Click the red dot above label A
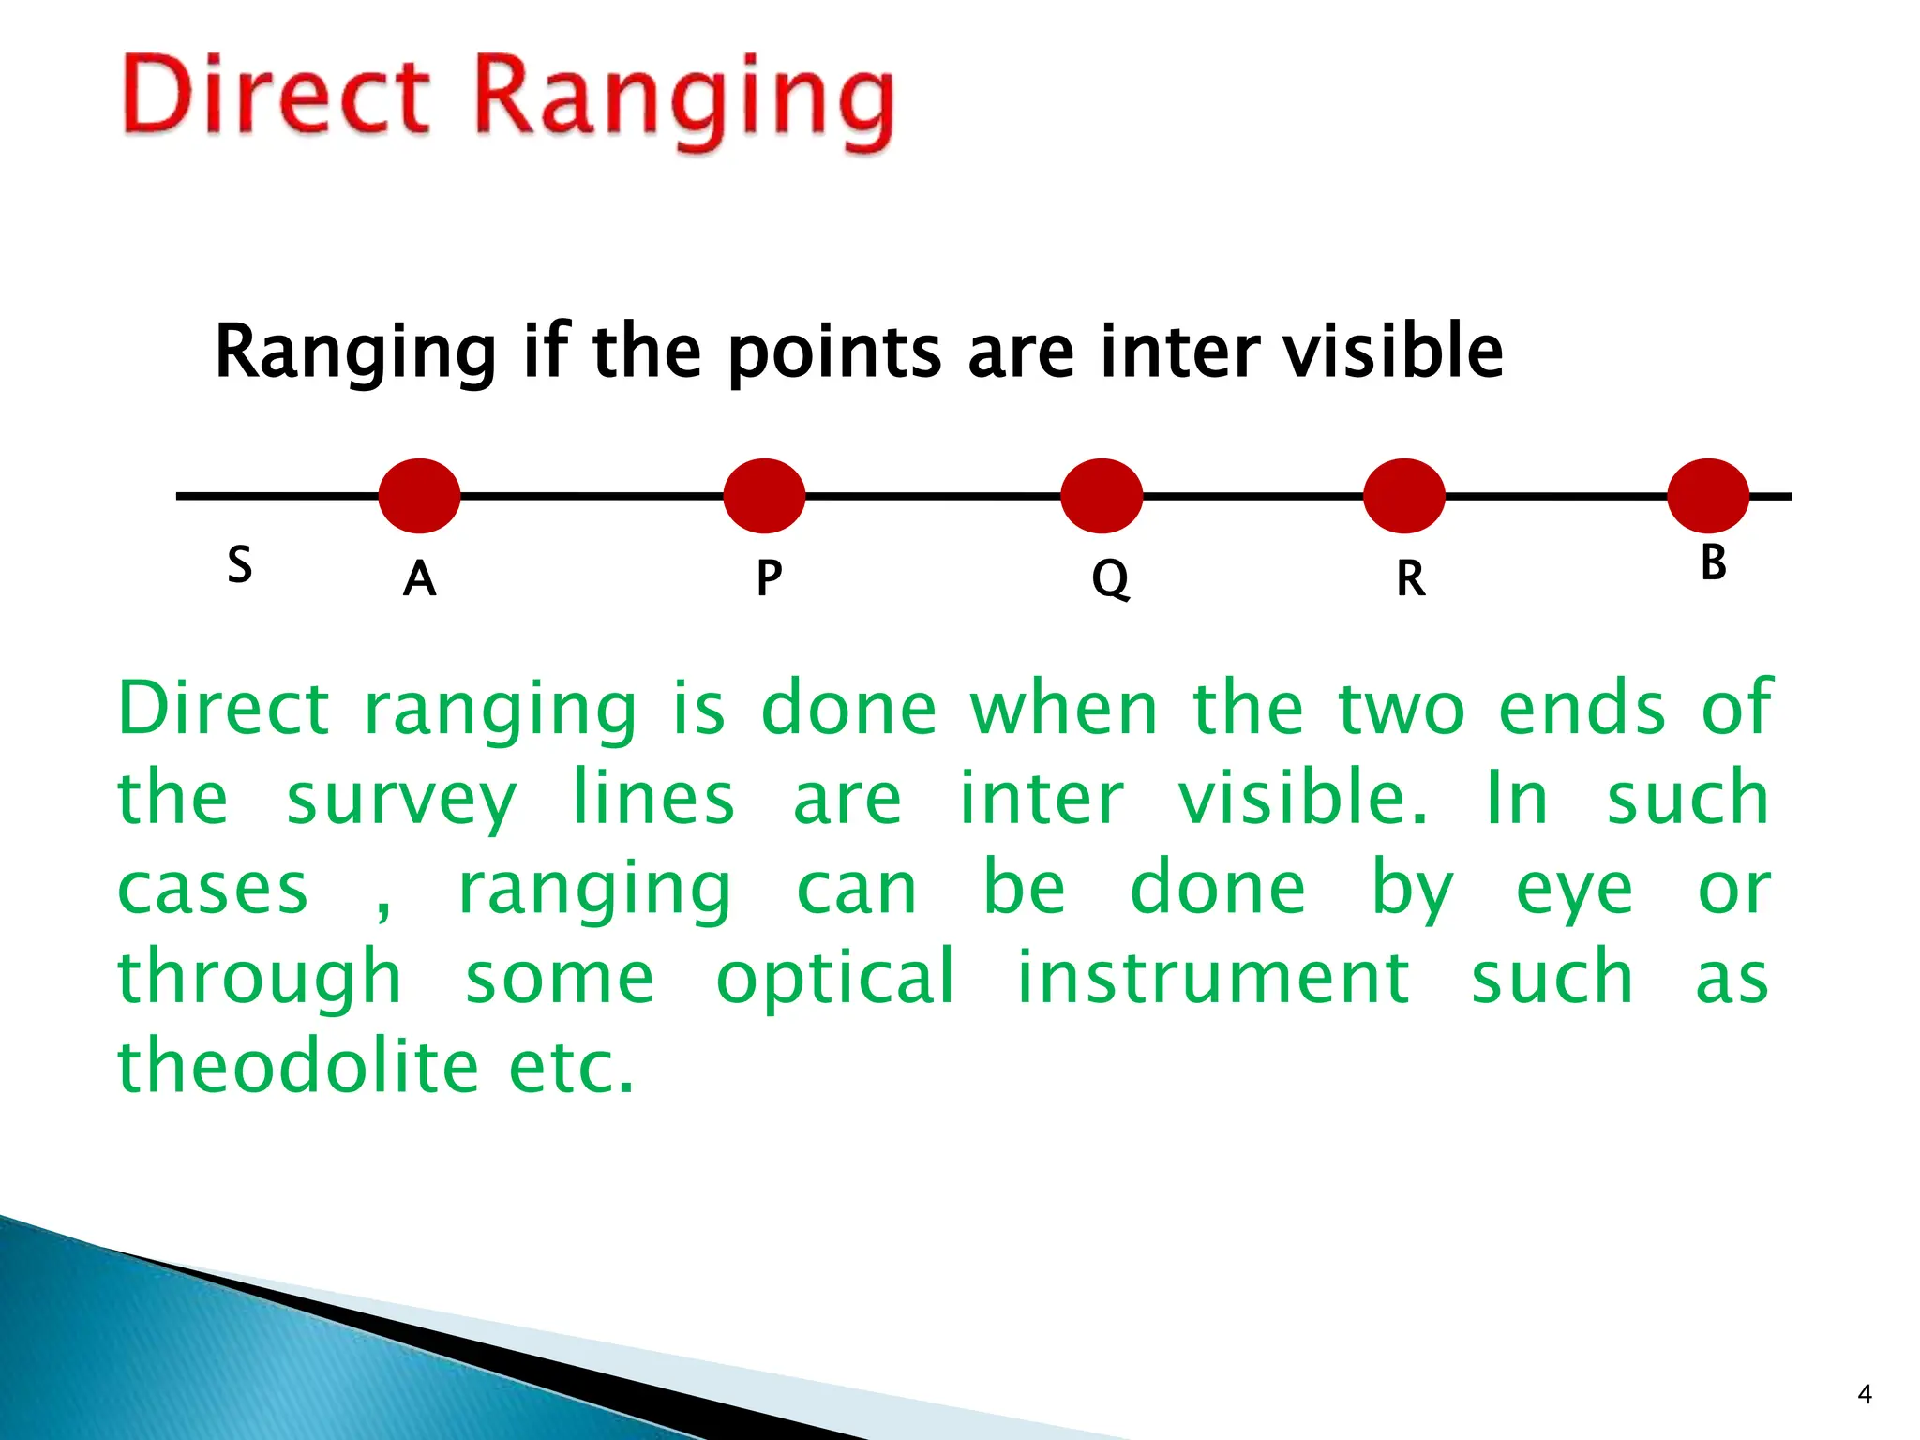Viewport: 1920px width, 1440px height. coord(419,496)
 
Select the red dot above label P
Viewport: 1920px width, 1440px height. coord(764,496)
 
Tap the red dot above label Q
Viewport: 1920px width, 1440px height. coord(1102,496)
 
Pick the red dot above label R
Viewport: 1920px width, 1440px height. coord(1403,496)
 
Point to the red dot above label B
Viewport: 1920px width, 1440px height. coord(1708,496)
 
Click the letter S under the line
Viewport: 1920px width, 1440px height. coord(240,565)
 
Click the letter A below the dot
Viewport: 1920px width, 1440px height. coord(419,578)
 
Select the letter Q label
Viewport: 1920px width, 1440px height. coord(1110,578)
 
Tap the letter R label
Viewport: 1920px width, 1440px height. coord(1410,578)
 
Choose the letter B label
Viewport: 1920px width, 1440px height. coord(1713,562)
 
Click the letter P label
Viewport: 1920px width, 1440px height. coord(769,578)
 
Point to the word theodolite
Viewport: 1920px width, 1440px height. coord(298,1066)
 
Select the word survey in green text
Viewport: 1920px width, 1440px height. coord(400,799)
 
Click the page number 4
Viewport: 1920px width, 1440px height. coord(1864,1394)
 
